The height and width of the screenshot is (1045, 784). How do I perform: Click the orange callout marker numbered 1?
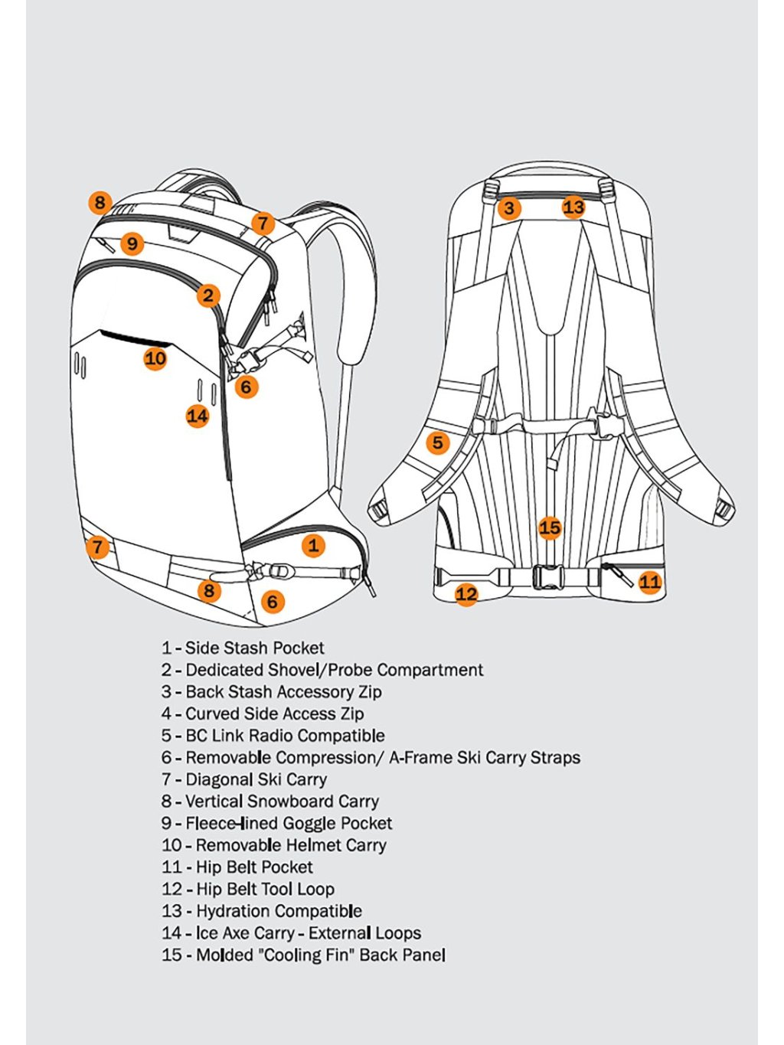tap(313, 545)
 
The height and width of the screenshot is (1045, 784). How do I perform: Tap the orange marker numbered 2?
tap(208, 295)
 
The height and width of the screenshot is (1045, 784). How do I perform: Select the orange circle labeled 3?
tap(509, 207)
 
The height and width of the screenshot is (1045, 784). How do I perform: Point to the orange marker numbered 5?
tap(437, 442)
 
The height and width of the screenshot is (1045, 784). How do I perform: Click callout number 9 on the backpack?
tap(133, 243)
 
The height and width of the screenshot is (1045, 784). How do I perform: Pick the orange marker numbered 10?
tap(155, 358)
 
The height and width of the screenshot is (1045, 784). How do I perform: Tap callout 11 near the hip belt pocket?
tap(649, 582)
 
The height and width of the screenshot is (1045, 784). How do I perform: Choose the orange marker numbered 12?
tap(466, 593)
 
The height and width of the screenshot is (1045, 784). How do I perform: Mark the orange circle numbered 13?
tap(573, 207)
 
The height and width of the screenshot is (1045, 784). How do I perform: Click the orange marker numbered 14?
tap(198, 416)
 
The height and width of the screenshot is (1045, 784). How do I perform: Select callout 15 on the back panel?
tap(550, 527)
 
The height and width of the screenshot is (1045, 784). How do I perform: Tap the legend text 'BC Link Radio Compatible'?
tap(285, 736)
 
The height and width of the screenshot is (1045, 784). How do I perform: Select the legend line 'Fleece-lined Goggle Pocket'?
tap(289, 824)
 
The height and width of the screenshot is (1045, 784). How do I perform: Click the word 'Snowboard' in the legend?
tap(291, 802)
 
